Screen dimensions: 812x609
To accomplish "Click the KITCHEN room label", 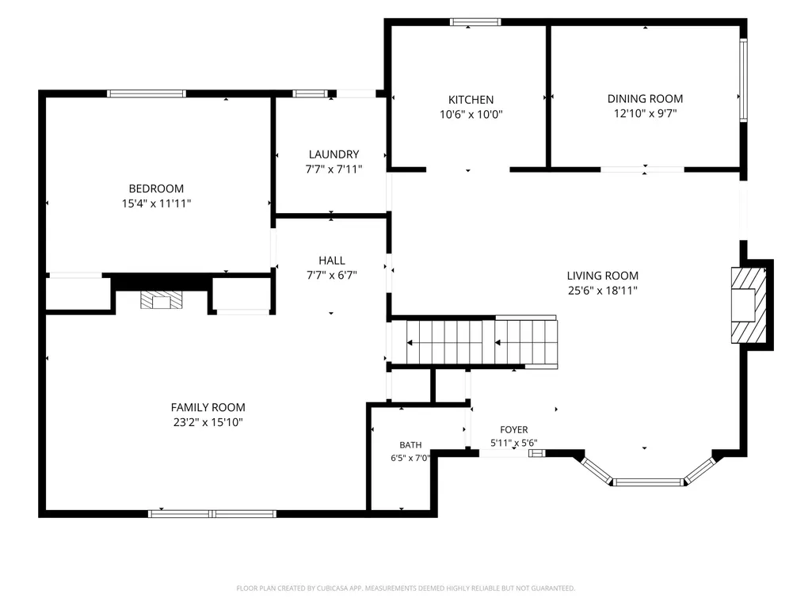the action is coord(471,100).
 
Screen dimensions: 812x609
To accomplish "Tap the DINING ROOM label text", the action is coord(645,98).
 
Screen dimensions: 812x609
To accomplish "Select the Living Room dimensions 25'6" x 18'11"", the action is coord(602,291).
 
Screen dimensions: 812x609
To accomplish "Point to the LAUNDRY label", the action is coord(334,154).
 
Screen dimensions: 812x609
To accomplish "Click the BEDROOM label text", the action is coord(156,188).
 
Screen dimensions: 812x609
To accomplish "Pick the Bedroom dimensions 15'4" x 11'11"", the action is coord(156,204).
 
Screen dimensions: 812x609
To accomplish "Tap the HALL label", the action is coord(331,261).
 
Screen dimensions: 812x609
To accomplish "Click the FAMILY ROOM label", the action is coord(208,408).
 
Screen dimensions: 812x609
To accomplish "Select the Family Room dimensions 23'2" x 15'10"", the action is coord(208,423).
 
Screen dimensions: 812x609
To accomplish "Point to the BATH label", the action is coord(410,445).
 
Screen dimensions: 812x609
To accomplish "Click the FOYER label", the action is coord(513,430).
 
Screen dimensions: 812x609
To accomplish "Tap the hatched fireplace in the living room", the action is coord(749,305).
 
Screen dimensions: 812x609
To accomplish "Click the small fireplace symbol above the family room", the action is coord(161,300).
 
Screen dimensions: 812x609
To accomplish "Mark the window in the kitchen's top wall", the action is coord(475,21).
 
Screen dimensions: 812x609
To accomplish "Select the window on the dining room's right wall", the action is coord(743,80).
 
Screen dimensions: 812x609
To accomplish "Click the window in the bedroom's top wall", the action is coord(146,93).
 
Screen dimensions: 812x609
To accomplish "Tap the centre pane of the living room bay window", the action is coord(647,482).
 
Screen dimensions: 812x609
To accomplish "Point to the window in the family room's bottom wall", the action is coord(212,514).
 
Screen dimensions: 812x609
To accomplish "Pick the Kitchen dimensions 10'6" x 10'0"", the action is coord(471,115).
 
